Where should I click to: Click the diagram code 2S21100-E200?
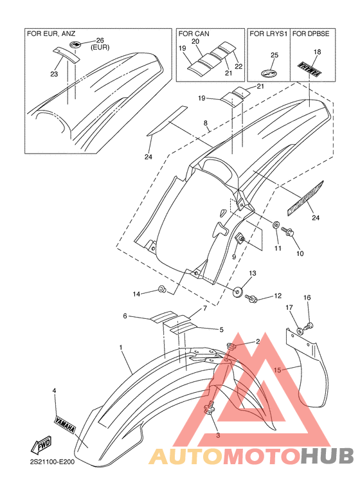click(51, 462)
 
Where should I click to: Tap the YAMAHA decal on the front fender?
click(64, 425)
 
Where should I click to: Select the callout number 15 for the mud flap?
click(278, 370)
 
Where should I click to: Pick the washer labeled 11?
click(276, 225)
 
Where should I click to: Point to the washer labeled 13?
click(237, 292)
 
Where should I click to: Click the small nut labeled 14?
click(161, 289)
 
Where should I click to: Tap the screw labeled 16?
click(308, 325)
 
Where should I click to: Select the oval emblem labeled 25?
click(269, 73)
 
